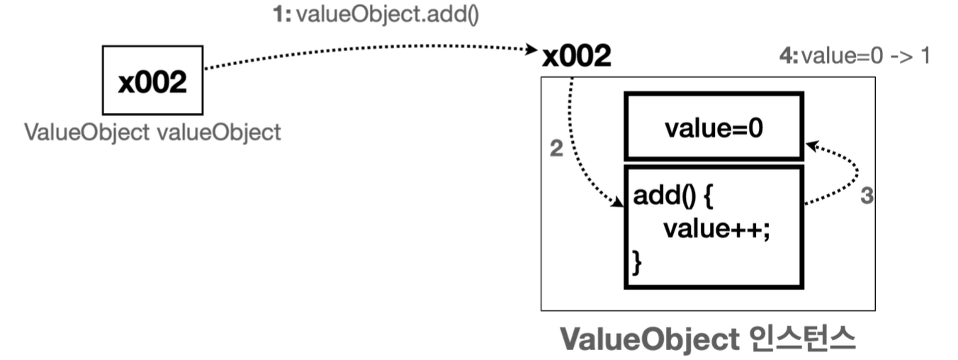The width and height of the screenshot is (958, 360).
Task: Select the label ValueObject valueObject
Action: coord(152,133)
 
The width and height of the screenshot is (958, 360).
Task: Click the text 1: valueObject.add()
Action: coord(376,15)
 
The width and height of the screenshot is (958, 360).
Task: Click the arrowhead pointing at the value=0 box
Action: coord(811,146)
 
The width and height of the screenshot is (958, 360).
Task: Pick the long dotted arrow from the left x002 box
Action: coord(368,50)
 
